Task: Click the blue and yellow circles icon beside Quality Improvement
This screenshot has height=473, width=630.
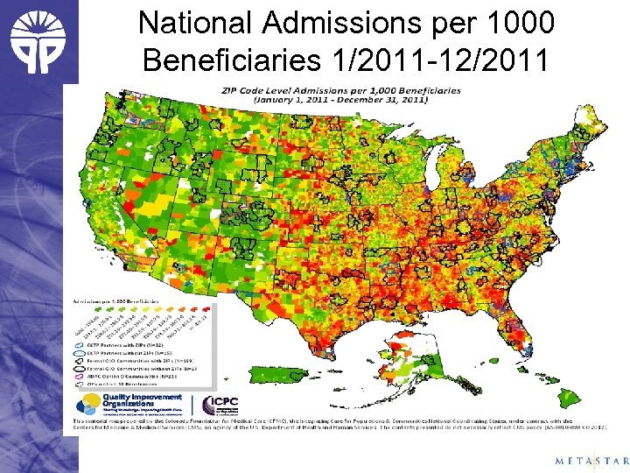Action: click(87, 402)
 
